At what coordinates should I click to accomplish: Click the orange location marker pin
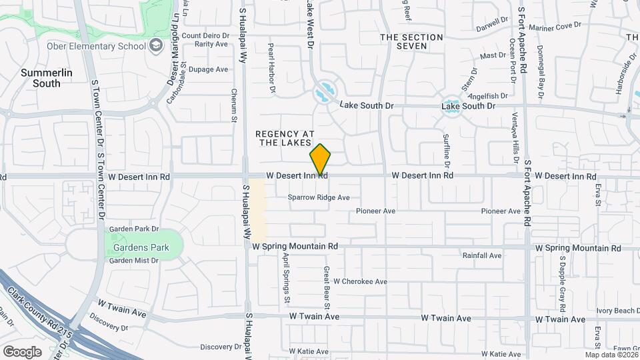(321, 159)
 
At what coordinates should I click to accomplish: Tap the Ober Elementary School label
(105, 46)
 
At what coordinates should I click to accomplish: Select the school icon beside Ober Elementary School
(157, 45)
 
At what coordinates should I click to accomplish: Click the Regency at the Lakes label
(284, 138)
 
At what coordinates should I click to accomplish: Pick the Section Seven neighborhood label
(411, 42)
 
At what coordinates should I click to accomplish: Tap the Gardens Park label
(141, 247)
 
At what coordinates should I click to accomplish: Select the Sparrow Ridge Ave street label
(319, 197)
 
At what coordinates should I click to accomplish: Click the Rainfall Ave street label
(482, 255)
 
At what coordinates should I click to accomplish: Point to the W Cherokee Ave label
(361, 281)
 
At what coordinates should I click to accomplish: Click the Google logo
(22, 351)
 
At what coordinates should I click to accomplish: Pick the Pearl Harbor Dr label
(272, 67)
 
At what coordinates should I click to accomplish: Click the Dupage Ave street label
(208, 69)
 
